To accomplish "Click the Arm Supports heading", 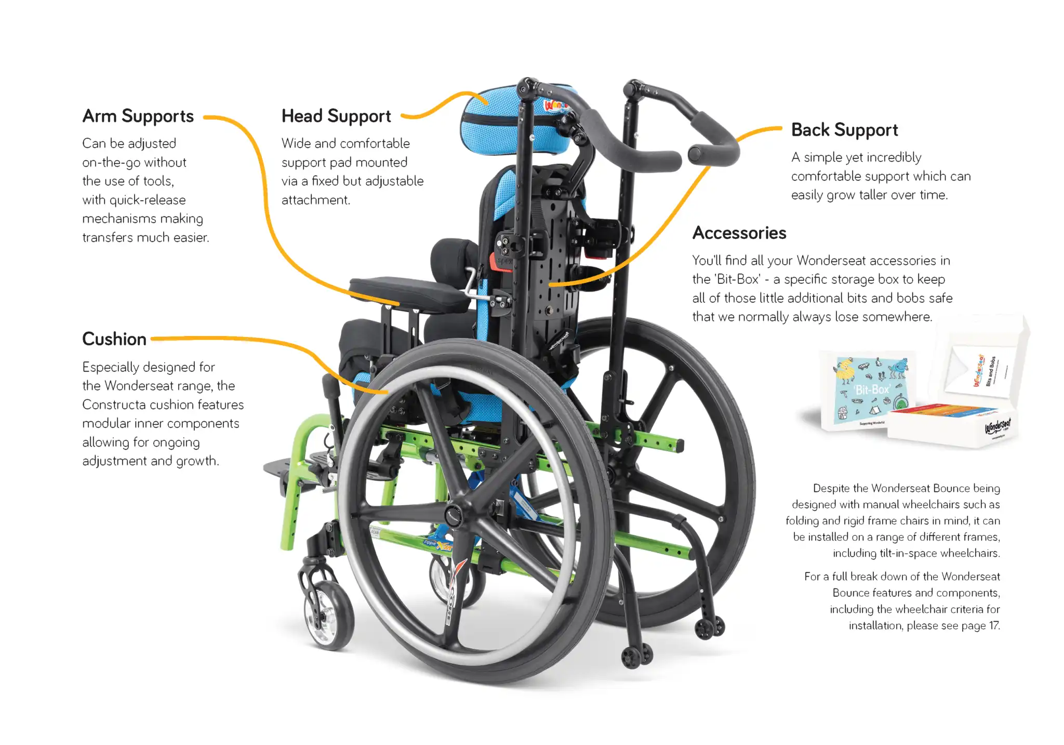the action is [138, 116].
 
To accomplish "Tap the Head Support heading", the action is [336, 116].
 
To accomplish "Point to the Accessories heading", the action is [739, 233].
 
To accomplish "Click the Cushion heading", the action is [114, 339].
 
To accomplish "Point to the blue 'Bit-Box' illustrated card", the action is [871, 389].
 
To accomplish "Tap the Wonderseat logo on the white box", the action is [998, 427].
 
